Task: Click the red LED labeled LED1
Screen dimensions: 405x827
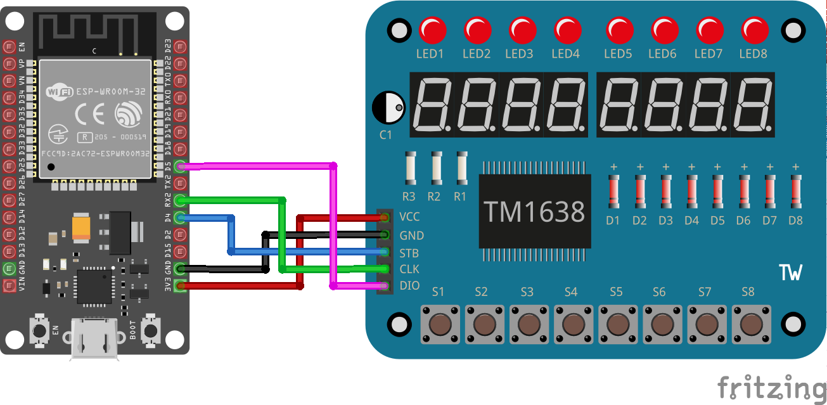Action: point(432,30)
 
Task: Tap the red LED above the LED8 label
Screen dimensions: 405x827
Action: point(755,30)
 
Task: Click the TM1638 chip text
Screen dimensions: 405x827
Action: point(534,212)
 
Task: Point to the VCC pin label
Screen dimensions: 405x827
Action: point(409,217)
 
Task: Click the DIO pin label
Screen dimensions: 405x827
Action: point(409,286)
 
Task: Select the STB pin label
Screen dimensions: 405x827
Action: point(409,252)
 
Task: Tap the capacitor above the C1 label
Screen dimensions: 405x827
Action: point(388,108)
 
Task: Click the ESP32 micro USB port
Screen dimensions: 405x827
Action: point(94,339)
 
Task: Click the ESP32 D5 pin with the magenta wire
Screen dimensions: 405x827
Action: point(181,167)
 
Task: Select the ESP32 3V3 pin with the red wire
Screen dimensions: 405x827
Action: point(181,286)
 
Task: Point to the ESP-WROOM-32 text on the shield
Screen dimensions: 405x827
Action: point(111,91)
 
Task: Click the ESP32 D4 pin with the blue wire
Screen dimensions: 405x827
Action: point(181,218)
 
